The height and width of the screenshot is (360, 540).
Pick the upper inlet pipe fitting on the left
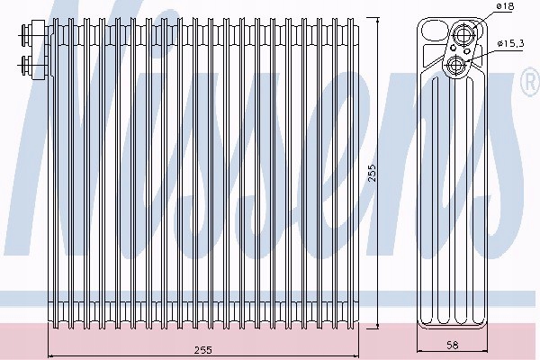click(x=27, y=38)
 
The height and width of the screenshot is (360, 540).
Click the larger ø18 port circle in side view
click(x=465, y=36)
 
